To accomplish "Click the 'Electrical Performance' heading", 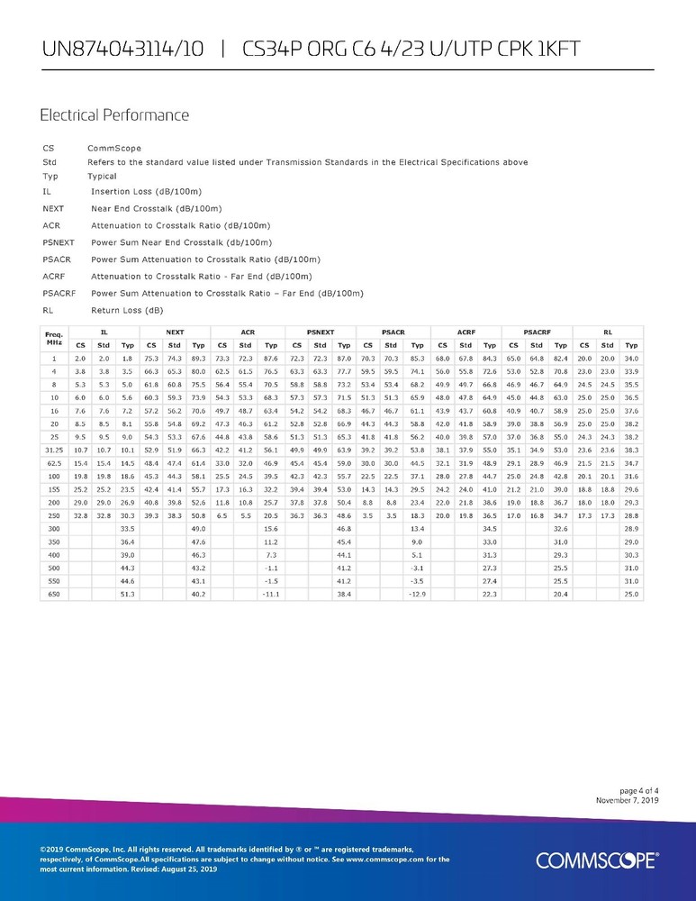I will coord(114,115).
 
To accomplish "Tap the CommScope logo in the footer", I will coord(596,860).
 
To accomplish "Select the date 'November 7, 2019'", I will coord(628,800).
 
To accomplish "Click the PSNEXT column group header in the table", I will coord(321,332).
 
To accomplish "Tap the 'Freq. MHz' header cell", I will coord(54,339).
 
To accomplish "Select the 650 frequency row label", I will coord(54,595).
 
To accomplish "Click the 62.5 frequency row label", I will coord(54,487).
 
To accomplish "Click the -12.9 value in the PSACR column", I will coord(416,595).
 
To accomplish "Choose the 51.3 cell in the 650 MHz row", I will coord(127,595).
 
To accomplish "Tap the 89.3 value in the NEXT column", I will coord(198,359).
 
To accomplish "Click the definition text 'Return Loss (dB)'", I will coord(127,309).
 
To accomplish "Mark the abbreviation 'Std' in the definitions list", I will coord(50,162).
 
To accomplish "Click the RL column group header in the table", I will coord(609,332).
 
